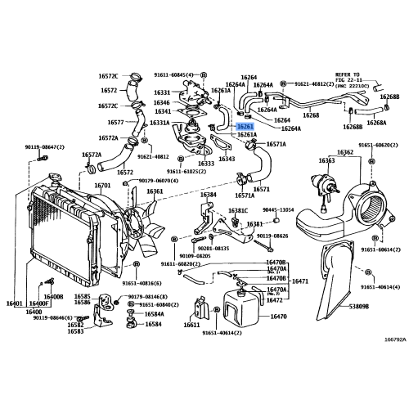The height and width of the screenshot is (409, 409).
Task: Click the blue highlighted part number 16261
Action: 245,127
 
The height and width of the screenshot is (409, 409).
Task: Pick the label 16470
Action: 278,316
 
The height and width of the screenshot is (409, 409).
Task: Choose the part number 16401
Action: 15,304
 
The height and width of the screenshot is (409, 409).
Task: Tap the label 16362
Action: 345,152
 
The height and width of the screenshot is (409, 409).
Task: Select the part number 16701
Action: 102,186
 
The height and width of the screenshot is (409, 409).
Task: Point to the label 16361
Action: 155,192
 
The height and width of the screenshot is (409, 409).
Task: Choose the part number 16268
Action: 311,116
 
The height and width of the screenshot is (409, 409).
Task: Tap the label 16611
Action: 191,325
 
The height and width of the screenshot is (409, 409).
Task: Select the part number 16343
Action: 227,160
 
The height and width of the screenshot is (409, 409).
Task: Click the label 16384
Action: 209,196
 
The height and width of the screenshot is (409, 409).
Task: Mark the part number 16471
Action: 300,281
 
